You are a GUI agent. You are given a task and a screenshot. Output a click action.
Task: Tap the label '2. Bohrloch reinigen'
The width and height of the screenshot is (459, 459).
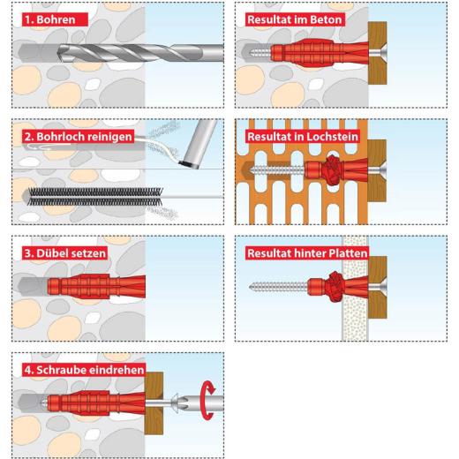click(78, 137)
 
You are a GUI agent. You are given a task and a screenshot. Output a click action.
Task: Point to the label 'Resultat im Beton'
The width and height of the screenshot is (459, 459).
click(295, 19)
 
